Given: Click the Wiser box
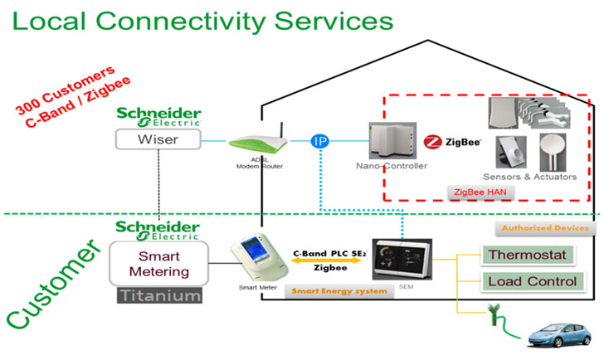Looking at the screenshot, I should click(x=158, y=139).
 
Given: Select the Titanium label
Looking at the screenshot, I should click(x=159, y=295).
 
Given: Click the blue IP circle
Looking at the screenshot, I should click(x=320, y=141).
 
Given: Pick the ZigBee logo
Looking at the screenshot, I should click(x=457, y=142).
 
